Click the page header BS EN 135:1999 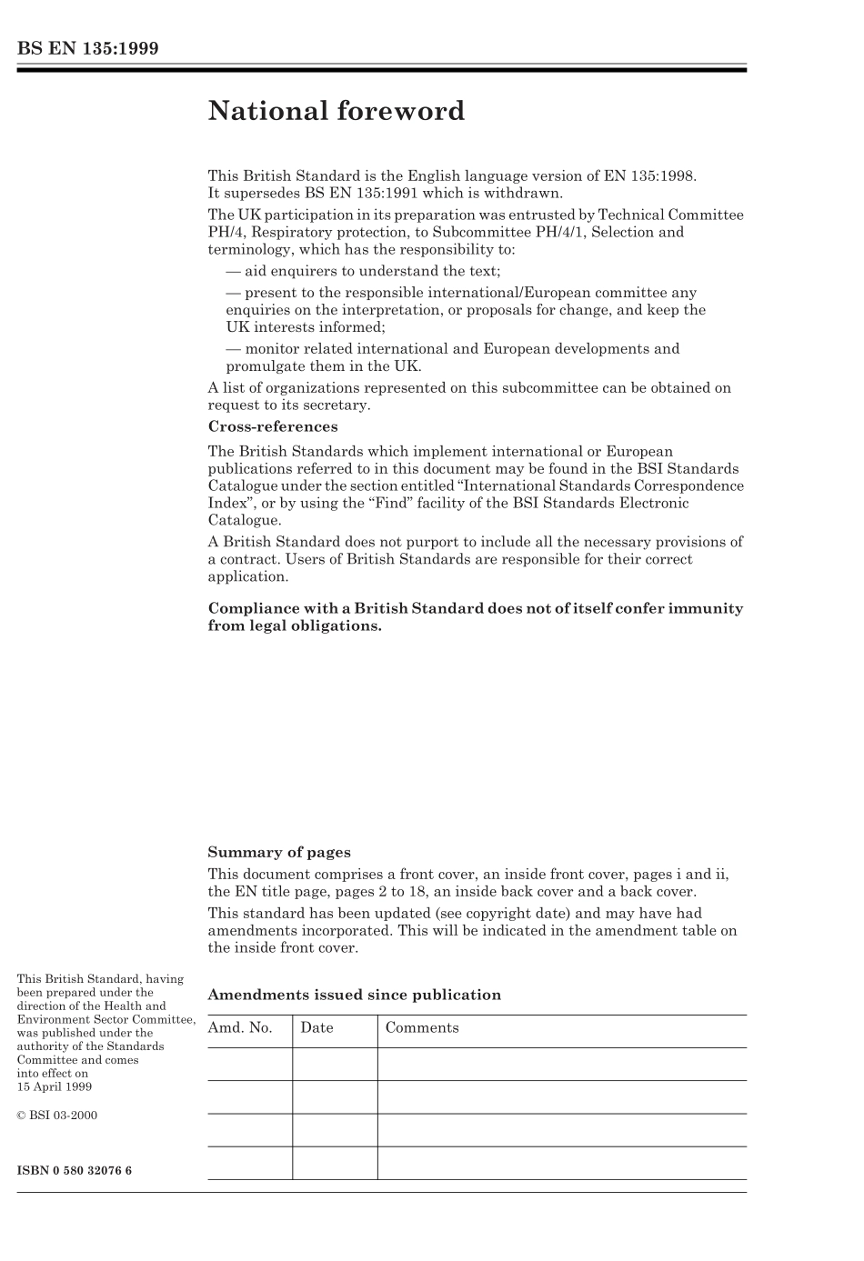tap(87, 49)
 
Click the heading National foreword tap(336, 111)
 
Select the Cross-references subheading tap(272, 426)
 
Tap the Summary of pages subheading tap(278, 852)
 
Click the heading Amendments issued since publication tap(354, 995)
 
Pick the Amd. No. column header tap(240, 1028)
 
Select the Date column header tap(316, 1028)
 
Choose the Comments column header tap(422, 1028)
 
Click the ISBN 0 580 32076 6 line tap(75, 1170)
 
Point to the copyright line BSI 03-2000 tap(57, 1116)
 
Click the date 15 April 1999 tap(54, 1086)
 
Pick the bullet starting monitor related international tap(452, 349)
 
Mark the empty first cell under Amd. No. tap(249, 1064)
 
